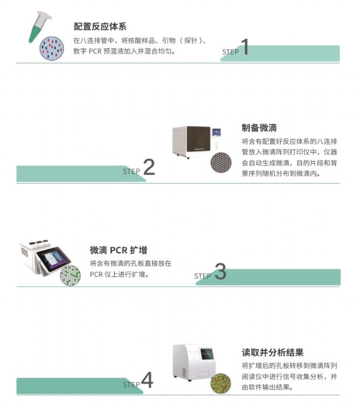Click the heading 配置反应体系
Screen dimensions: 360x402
click(100, 27)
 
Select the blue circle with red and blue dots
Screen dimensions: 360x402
click(52, 48)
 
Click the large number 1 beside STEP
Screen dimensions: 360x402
click(245, 47)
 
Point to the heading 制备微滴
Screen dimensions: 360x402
click(259, 128)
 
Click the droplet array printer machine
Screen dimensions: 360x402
click(197, 142)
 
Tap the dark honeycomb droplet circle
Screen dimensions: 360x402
click(221, 162)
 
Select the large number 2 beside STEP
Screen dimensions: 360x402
click(149, 167)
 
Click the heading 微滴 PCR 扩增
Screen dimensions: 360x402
click(119, 250)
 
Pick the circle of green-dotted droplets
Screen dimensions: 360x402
click(70, 276)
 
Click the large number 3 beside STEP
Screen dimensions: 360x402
click(220, 271)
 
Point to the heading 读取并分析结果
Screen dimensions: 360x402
click(272, 352)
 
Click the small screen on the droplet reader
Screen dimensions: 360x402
click(207, 354)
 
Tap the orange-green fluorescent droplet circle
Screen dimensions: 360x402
click(221, 384)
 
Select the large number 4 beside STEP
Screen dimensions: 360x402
click(147, 380)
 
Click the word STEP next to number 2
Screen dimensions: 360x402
click(131, 171)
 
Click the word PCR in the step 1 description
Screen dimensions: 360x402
click(95, 51)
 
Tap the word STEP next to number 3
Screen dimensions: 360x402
click(203, 276)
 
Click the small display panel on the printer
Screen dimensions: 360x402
click(217, 133)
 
